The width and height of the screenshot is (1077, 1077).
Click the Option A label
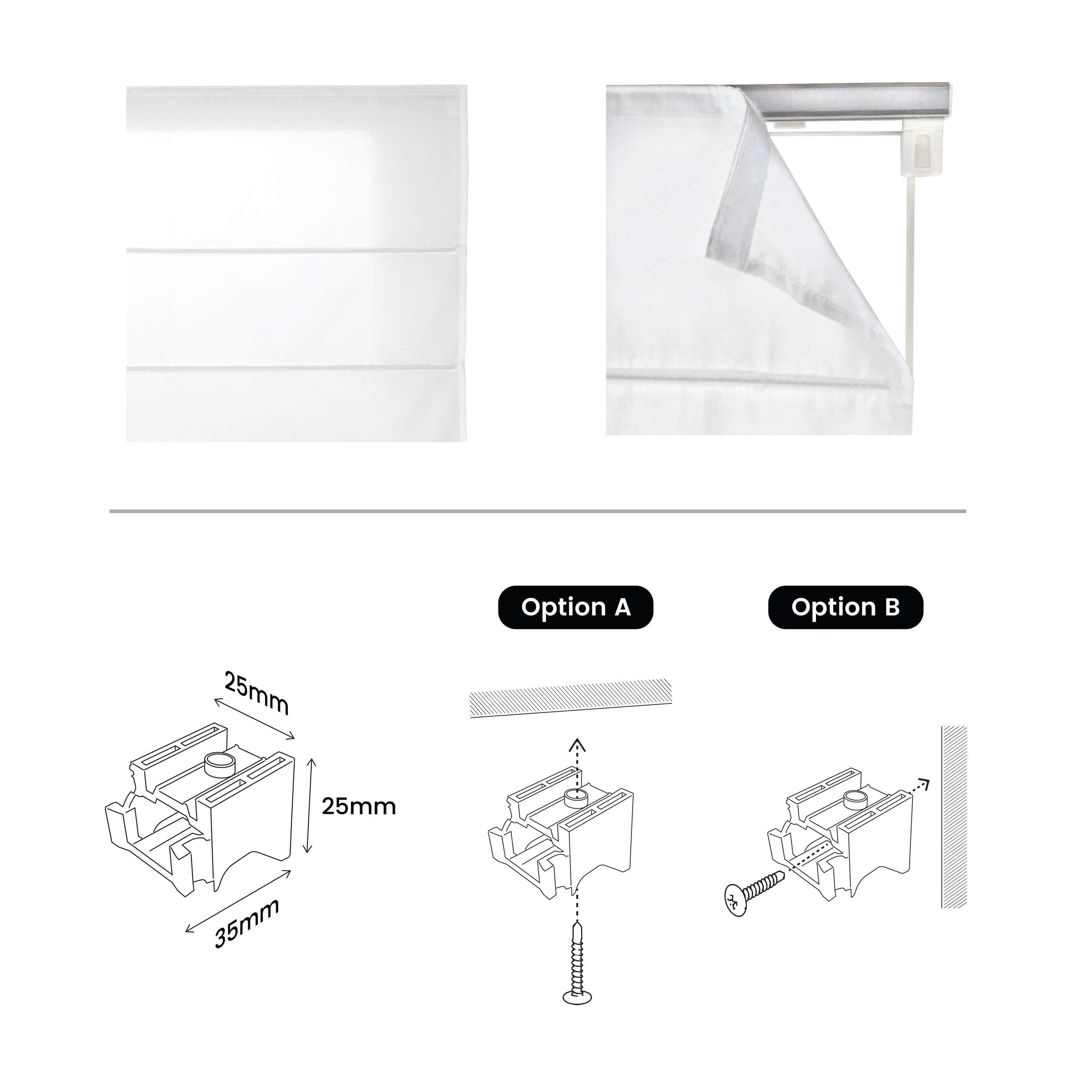(575, 607)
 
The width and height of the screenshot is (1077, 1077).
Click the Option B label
(845, 607)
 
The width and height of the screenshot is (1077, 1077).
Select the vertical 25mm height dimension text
(358, 806)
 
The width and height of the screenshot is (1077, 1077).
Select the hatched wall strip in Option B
(954, 817)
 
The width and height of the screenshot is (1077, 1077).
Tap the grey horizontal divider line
(537, 510)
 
